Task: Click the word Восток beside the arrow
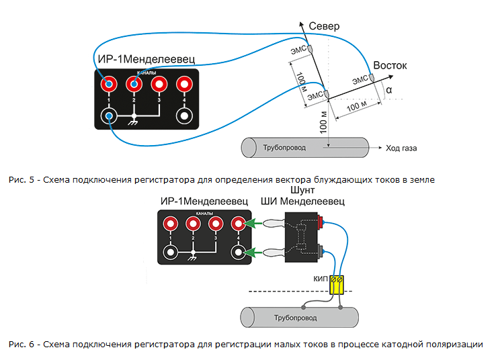point(390,65)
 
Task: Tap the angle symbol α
point(389,89)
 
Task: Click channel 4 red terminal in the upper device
point(183,85)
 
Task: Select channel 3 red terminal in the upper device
point(159,85)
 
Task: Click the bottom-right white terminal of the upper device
point(183,116)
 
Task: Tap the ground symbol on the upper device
point(134,120)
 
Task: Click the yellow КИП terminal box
point(337,284)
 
